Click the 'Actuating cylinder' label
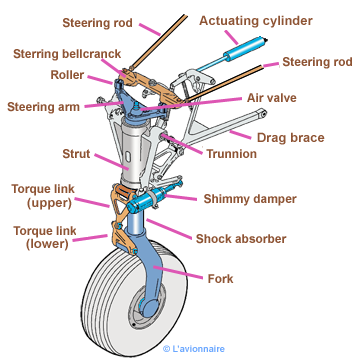click(x=256, y=21)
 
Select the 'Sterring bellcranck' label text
click(x=67, y=54)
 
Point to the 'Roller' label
click(x=67, y=75)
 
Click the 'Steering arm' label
click(x=43, y=107)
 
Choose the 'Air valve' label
click(x=271, y=98)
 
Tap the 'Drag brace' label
click(x=290, y=137)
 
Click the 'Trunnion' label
click(x=232, y=154)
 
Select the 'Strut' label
click(x=76, y=154)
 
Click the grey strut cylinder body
click(x=133, y=152)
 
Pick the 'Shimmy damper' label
click(x=250, y=199)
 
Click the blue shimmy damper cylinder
click(x=147, y=200)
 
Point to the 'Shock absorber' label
click(x=241, y=239)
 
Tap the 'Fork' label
click(x=220, y=279)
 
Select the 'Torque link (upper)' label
click(x=43, y=196)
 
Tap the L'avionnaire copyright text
click(x=194, y=349)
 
